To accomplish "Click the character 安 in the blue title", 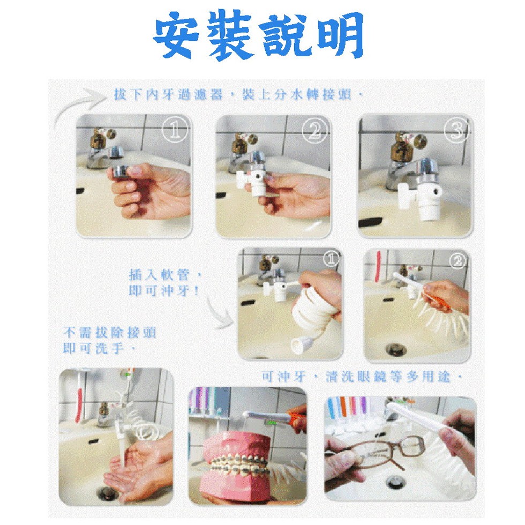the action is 177,35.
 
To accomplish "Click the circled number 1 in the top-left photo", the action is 175,130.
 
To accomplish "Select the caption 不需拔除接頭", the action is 110,333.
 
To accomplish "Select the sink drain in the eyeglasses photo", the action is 395,483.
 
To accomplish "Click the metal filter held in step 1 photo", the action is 119,171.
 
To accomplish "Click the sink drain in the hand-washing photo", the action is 107,492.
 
